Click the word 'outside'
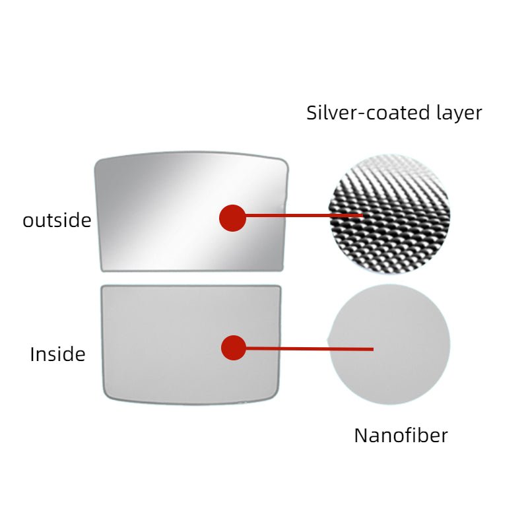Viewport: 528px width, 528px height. [57, 220]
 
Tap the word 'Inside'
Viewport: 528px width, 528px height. [57, 354]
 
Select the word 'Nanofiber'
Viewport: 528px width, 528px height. [401, 435]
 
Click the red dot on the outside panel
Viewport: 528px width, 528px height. [232, 218]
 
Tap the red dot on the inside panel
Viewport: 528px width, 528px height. [234, 348]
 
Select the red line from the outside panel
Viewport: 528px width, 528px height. [304, 215]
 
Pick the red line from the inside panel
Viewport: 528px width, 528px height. [310, 348]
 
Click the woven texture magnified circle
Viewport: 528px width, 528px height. [389, 214]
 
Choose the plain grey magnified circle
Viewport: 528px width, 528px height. [389, 344]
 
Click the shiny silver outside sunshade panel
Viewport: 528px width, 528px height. [191, 211]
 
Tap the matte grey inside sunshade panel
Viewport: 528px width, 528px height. [191, 345]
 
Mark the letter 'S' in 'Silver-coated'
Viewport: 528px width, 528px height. [312, 113]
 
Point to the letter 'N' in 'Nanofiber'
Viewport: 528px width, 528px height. [361, 436]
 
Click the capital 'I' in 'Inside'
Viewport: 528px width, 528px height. [32, 354]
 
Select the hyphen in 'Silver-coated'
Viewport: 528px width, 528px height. [360, 114]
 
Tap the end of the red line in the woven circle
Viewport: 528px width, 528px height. [363, 215]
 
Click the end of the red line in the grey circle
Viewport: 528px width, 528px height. [374, 349]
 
